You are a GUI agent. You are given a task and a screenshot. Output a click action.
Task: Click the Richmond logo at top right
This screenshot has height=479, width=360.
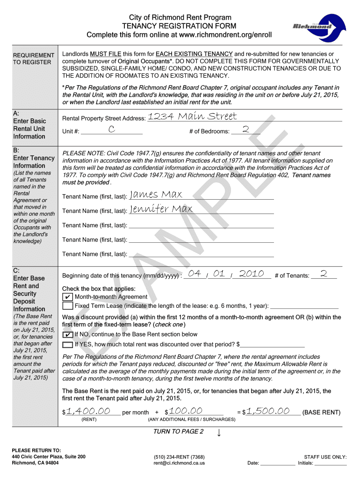tap(312, 26)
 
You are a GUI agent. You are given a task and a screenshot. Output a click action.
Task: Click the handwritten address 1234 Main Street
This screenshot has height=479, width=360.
tap(192, 116)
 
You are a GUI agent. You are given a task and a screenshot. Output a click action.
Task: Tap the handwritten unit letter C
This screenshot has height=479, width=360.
tap(111, 130)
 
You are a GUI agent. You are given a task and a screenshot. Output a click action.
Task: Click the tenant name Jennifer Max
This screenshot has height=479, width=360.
tap(161, 209)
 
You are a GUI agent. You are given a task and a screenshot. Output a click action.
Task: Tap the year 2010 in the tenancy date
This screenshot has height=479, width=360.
tap(252, 274)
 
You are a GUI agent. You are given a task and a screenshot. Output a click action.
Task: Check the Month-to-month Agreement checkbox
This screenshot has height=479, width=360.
tap(67, 297)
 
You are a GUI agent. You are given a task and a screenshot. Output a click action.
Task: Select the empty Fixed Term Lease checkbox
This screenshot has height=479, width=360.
tap(67, 306)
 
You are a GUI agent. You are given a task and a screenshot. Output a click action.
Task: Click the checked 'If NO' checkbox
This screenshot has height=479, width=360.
tap(67, 335)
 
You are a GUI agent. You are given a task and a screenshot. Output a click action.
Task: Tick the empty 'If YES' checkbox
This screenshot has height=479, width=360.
tap(67, 345)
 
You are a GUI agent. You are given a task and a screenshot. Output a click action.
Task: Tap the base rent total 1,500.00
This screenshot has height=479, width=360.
tap(268, 411)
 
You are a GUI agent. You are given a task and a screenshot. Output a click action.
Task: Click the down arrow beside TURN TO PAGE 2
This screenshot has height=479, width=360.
tap(219, 432)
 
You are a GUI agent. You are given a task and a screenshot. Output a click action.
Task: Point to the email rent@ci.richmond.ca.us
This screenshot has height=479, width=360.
tap(179, 464)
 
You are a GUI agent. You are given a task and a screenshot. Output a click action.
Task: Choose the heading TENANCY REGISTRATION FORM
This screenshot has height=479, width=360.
tap(179, 26)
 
